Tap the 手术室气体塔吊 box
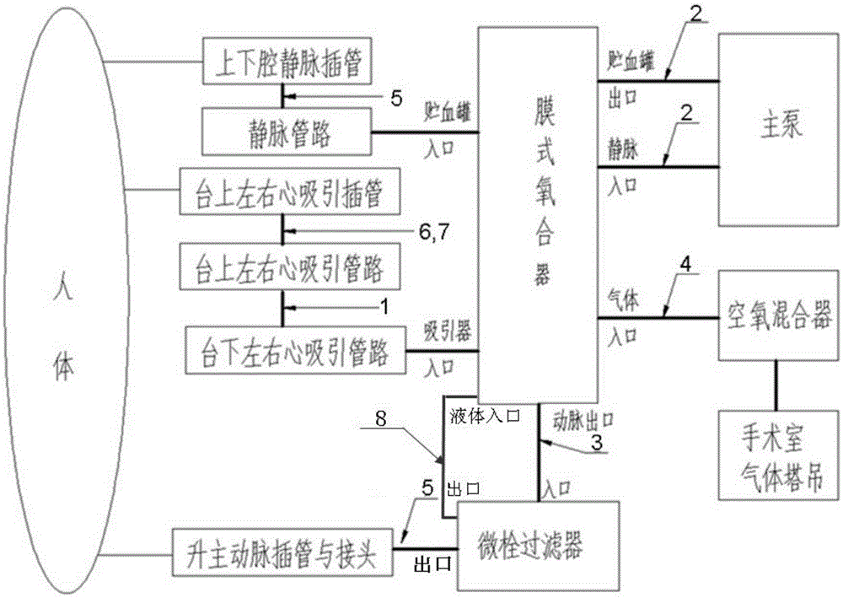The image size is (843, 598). click(777, 460)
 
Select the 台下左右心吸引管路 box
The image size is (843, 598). click(295, 353)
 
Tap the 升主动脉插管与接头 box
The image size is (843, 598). click(282, 557)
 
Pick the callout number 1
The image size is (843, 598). click(407, 309)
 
